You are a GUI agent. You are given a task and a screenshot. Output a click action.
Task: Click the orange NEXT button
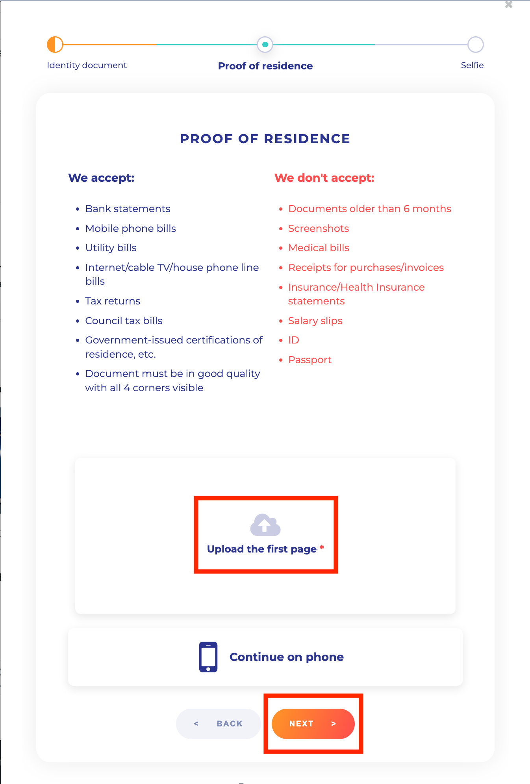point(313,724)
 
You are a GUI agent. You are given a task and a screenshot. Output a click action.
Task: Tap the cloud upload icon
point(265,525)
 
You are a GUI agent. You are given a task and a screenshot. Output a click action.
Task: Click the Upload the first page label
point(262,549)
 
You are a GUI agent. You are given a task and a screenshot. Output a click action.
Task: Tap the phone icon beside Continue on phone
point(208,657)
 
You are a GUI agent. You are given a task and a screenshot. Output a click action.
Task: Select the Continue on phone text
point(286,657)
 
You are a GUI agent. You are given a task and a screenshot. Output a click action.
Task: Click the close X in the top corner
point(509,5)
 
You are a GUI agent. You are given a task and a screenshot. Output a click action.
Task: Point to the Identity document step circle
point(55,45)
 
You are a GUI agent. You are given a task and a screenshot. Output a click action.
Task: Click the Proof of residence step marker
point(265,45)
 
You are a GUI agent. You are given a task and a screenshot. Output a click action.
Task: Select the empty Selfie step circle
point(475,45)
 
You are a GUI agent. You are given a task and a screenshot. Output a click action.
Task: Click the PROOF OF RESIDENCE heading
point(265,139)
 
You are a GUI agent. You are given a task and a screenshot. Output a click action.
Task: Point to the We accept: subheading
point(102,178)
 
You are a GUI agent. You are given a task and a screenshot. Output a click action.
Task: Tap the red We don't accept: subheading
point(324,178)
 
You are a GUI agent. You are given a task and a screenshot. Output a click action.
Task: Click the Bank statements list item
point(128,209)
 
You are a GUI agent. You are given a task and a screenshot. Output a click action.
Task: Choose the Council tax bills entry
point(124,321)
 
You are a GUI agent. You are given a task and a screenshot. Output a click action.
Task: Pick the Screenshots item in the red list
point(318,228)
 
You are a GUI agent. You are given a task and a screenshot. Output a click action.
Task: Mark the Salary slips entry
point(315,321)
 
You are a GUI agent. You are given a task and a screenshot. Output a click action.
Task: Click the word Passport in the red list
point(309,360)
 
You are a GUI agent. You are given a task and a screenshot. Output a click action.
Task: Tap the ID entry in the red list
point(293,340)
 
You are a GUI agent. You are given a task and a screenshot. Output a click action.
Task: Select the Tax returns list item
point(113,301)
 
